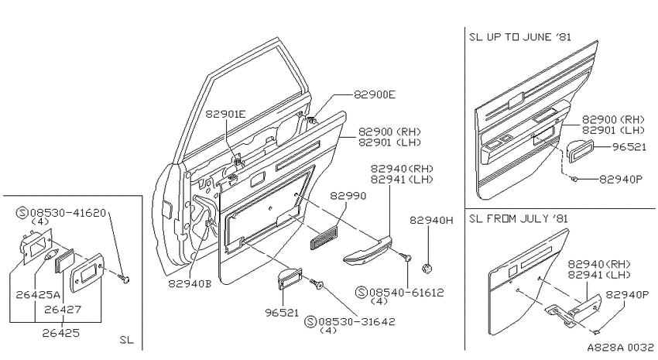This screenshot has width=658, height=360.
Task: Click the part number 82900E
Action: click(375, 94)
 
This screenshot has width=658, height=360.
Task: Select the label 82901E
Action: click(225, 114)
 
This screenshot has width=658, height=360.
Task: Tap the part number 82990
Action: click(348, 196)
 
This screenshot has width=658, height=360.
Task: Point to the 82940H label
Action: click(431, 220)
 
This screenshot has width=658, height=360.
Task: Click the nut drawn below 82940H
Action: click(427, 268)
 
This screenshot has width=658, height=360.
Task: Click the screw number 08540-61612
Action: click(406, 293)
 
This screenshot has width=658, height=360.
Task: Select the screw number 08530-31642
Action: click(357, 322)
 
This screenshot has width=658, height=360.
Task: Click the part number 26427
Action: click(63, 309)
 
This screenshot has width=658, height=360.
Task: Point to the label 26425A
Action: click(38, 294)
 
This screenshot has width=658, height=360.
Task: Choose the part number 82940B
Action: click(190, 283)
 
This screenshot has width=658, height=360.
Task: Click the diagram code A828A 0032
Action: click(620, 348)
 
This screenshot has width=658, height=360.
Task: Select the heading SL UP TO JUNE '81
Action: click(520, 37)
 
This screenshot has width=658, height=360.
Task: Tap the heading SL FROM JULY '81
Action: click(519, 218)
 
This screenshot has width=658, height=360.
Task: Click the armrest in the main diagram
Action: click(368, 251)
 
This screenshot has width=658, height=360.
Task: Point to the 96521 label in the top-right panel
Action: click(629, 147)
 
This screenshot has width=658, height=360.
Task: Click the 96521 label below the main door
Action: click(282, 313)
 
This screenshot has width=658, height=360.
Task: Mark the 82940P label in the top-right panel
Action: click(621, 179)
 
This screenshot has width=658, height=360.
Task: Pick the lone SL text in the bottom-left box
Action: click(126, 339)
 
